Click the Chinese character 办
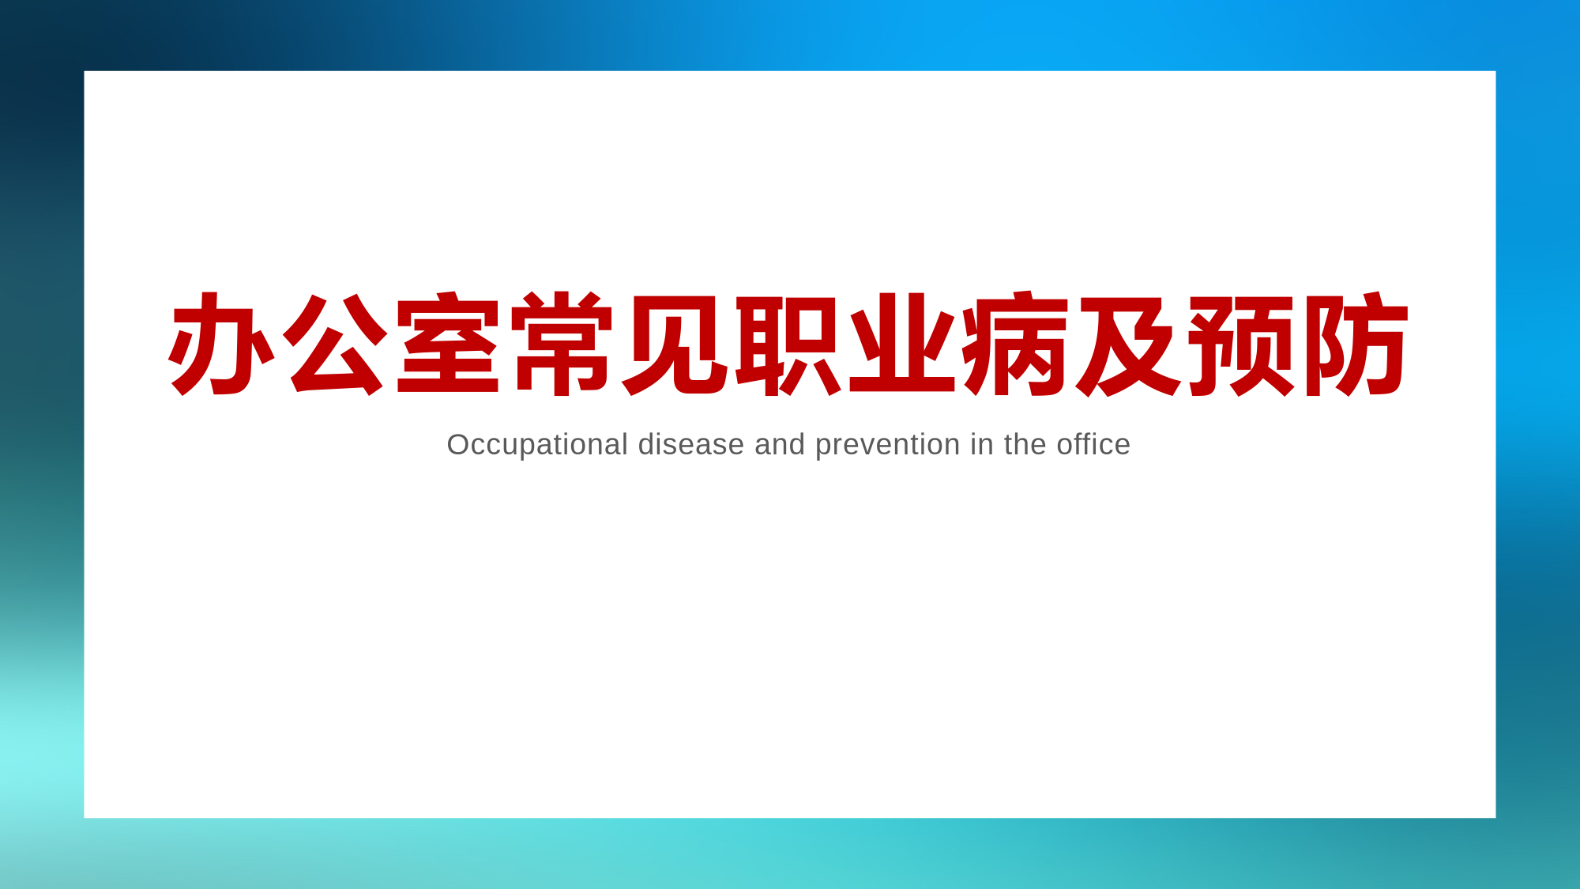[220, 344]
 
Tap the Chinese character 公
[335, 345]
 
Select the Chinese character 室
[448, 343]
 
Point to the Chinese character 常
[562, 344]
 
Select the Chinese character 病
[1015, 344]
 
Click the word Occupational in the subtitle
[537, 446]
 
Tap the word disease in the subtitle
[691, 445]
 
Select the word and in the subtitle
[780, 445]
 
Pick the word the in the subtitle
[1025, 445]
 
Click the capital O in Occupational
[459, 445]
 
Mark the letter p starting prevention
[824, 449]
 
